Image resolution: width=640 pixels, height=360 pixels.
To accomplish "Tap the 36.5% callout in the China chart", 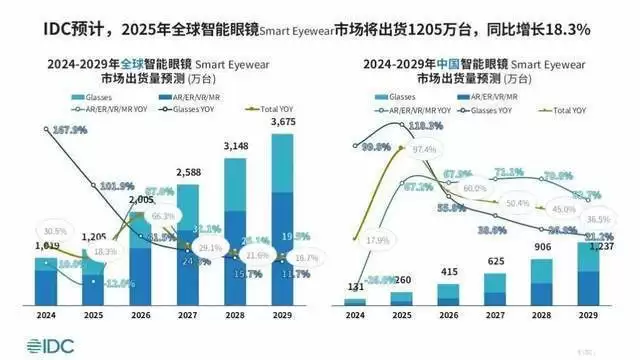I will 596,219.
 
